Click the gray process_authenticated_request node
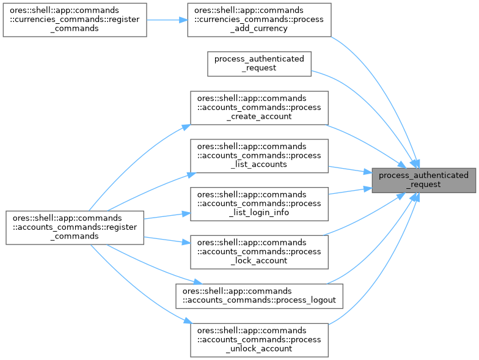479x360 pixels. tap(423, 180)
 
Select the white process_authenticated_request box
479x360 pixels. tap(260, 64)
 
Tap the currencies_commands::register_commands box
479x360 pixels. tap(75, 20)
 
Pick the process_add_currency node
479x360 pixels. tap(260, 20)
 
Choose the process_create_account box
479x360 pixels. tap(260, 108)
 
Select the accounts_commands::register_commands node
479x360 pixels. tap(75, 228)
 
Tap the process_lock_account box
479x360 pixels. tap(260, 252)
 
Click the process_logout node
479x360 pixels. tap(260, 296)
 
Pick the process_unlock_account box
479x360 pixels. tap(260, 339)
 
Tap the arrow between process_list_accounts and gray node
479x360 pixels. tap(351, 169)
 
